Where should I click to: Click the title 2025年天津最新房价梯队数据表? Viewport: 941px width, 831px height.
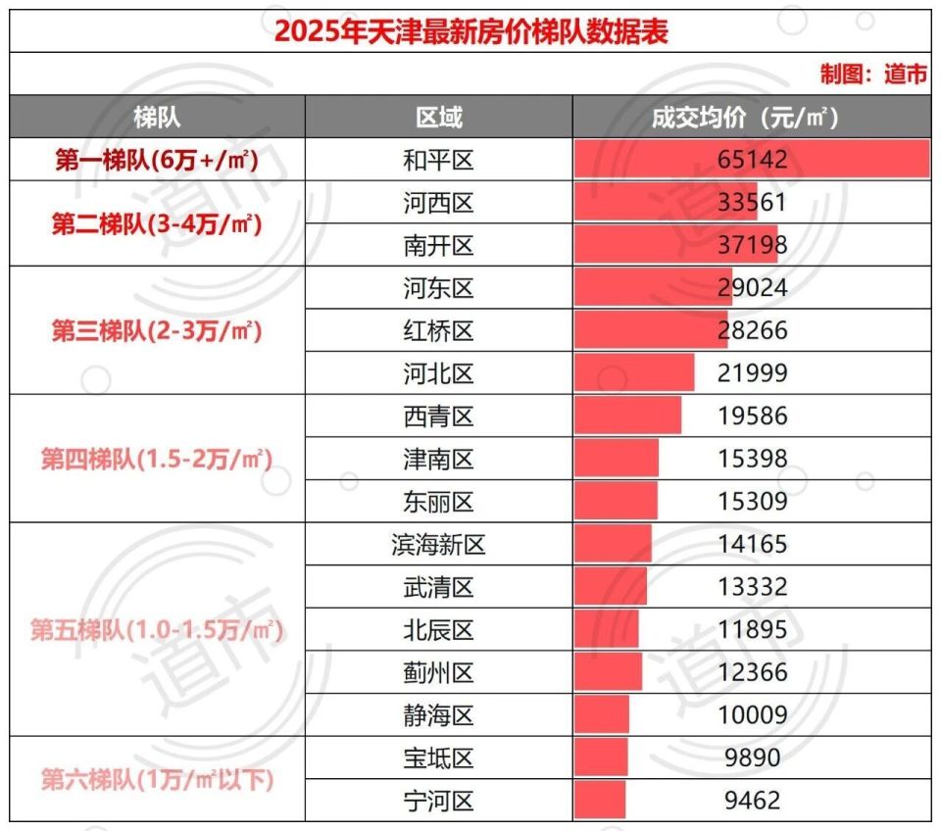click(x=470, y=31)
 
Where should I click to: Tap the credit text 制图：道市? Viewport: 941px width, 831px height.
click(x=873, y=74)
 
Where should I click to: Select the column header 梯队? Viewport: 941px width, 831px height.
click(x=157, y=119)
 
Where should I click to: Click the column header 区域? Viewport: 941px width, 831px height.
click(x=438, y=119)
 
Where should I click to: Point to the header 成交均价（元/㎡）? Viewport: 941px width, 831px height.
click(x=751, y=119)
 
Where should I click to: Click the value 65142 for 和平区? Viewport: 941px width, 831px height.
click(x=751, y=160)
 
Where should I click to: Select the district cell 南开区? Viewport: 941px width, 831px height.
click(x=438, y=245)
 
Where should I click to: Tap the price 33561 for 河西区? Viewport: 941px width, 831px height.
click(x=751, y=203)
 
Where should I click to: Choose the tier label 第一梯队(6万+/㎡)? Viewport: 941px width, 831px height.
click(x=157, y=160)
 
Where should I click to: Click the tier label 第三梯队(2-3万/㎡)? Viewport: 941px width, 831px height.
click(x=157, y=331)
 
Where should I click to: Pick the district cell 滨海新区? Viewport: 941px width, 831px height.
click(x=438, y=544)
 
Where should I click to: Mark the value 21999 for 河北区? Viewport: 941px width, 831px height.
click(x=751, y=373)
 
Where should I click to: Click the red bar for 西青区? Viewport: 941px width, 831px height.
click(x=627, y=415)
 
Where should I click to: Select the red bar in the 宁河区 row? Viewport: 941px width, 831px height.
click(x=600, y=800)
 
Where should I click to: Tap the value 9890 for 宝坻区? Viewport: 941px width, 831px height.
click(x=751, y=758)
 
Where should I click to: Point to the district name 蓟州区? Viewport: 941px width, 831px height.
click(x=438, y=672)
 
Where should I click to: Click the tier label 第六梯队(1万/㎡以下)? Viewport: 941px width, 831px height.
click(x=157, y=779)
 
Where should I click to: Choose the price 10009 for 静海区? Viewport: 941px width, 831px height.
click(x=751, y=714)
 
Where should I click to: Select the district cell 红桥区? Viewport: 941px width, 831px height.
click(x=438, y=331)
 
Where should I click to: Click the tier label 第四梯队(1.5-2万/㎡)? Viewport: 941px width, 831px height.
click(x=157, y=459)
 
